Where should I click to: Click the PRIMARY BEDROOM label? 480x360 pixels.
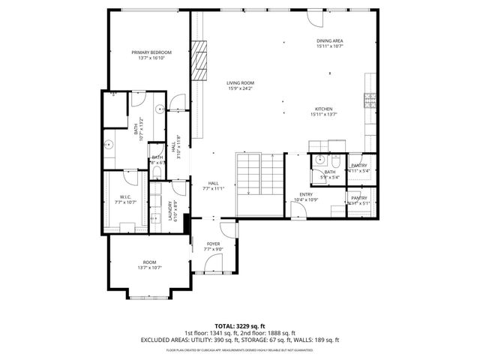pyautogui.click(x=151, y=52)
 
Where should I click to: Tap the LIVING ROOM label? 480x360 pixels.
pyautogui.click(x=241, y=83)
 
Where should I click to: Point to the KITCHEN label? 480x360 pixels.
pyautogui.click(x=324, y=109)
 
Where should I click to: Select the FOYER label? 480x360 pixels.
pyautogui.click(x=214, y=244)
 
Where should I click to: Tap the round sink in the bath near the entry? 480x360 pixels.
pyautogui.click(x=320, y=159)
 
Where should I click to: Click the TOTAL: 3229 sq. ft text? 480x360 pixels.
pyautogui.click(x=240, y=325)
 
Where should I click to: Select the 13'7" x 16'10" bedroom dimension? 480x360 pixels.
pyautogui.click(x=151, y=58)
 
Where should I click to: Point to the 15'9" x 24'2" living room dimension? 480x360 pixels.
pyautogui.click(x=241, y=88)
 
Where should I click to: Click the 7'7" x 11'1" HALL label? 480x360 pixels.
pyautogui.click(x=214, y=184)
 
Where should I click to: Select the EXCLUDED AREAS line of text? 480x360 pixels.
pyautogui.click(x=240, y=340)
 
